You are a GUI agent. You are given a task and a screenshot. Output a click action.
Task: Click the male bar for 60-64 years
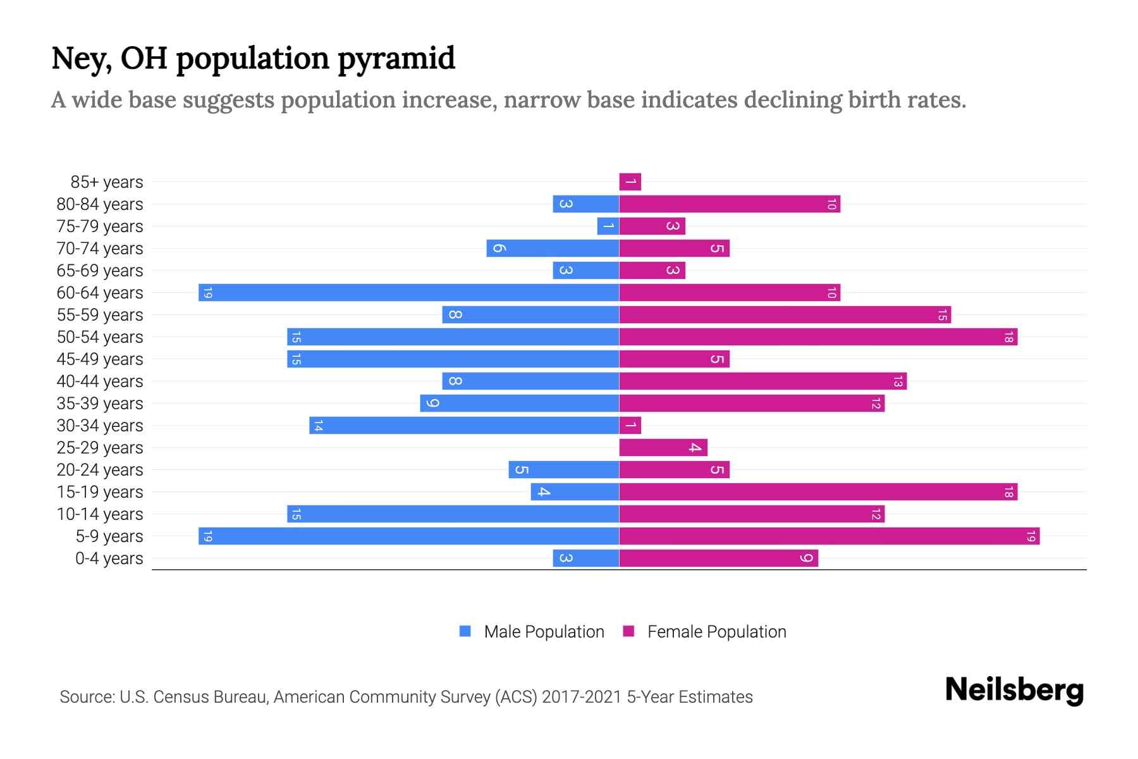pos(408,293)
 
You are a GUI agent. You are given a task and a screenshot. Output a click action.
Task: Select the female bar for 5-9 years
pos(829,536)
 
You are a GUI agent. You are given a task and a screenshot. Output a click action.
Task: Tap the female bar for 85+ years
pos(630,182)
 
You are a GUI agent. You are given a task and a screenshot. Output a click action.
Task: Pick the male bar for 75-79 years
pos(608,226)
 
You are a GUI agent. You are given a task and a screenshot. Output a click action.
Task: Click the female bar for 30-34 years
pos(630,426)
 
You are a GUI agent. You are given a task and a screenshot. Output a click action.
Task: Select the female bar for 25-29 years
pos(663,448)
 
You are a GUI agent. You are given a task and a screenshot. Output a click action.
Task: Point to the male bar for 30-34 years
pos(464,426)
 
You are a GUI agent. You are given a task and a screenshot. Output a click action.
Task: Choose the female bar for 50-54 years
pos(818,337)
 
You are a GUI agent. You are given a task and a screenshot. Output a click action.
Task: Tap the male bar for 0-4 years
pos(586,558)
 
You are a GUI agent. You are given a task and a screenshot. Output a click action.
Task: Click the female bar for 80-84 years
pos(730,204)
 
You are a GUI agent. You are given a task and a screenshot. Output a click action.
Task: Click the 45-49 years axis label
pos(100,359)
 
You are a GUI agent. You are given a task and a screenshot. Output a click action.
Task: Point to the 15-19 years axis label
pos(100,492)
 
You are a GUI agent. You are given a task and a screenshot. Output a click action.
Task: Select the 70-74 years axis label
pos(100,249)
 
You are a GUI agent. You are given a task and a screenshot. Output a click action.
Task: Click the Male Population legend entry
pos(544,632)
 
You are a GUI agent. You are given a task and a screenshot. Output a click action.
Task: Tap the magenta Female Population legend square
pos(628,631)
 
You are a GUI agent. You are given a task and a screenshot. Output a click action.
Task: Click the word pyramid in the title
pos(396,59)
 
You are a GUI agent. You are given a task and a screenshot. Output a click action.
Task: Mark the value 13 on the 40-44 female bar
pos(898,381)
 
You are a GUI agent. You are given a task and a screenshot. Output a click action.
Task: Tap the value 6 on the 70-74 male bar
pos(499,249)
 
